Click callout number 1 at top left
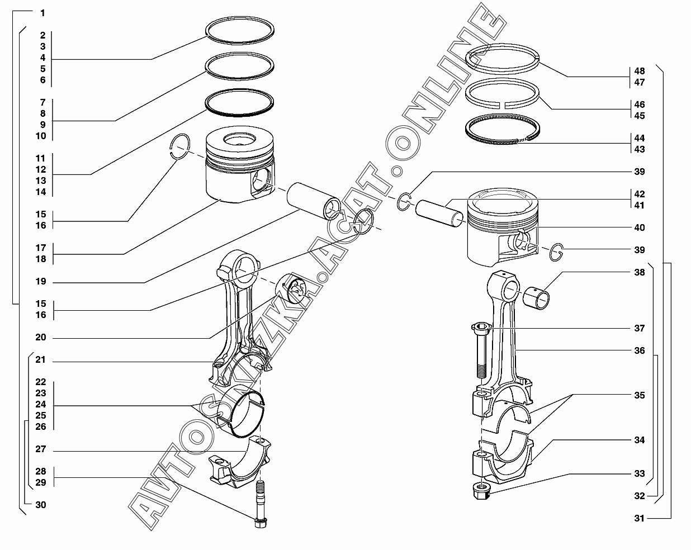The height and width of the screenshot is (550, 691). [x=42, y=13]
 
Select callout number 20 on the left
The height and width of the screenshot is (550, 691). [x=41, y=337]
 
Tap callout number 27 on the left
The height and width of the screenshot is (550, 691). [x=41, y=449]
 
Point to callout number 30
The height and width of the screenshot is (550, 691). [x=41, y=505]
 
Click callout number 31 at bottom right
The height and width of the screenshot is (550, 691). [x=640, y=518]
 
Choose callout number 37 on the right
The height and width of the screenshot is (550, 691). [x=640, y=328]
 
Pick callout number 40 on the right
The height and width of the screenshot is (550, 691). [x=640, y=227]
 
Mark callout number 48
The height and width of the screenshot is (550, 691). [x=640, y=71]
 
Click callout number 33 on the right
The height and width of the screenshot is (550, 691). [x=640, y=473]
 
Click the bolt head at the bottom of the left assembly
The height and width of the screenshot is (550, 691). [x=261, y=523]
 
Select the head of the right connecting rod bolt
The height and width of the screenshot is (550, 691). [x=481, y=328]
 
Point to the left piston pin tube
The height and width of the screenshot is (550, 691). [x=314, y=201]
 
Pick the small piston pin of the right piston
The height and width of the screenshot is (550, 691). [x=439, y=214]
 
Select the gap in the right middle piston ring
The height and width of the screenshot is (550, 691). [x=502, y=105]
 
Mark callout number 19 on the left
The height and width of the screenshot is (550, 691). [x=41, y=281]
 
